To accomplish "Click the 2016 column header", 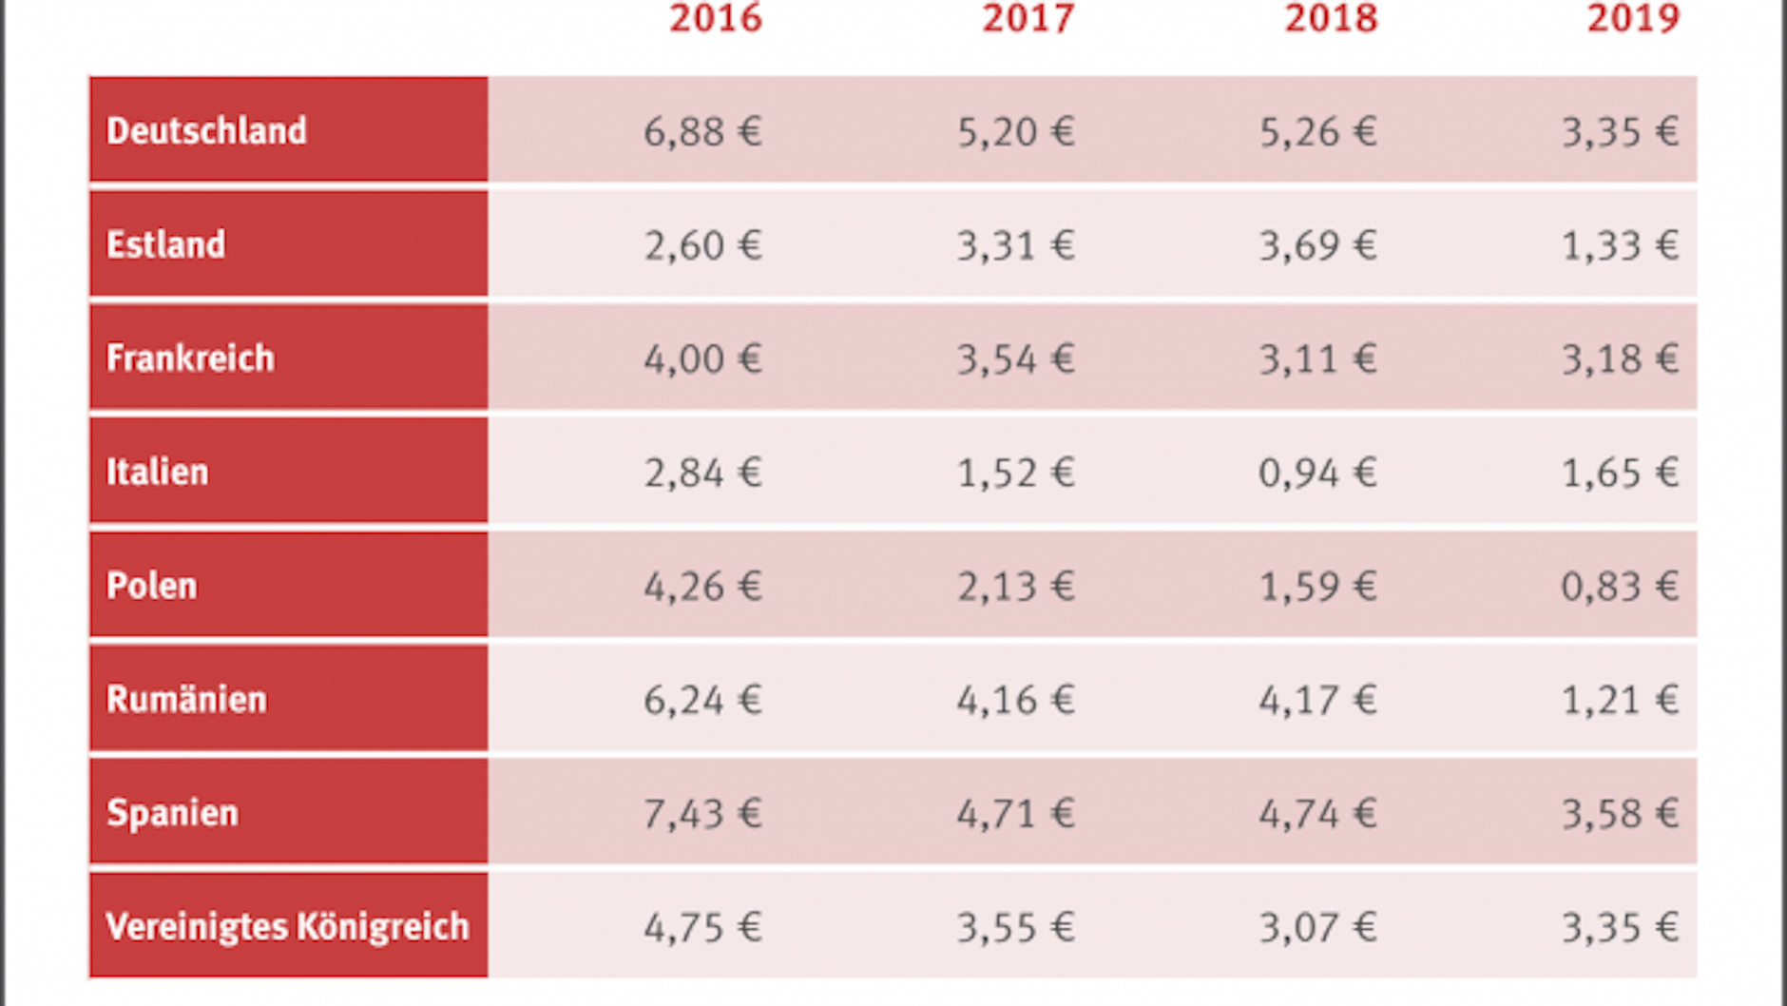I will (x=715, y=19).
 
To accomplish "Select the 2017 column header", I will (x=1028, y=19).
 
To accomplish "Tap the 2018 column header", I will (x=1331, y=19).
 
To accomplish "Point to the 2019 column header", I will (x=1633, y=19).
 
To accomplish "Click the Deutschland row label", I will (x=206, y=131).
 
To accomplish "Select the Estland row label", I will (x=165, y=245).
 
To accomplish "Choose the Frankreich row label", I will (x=190, y=358).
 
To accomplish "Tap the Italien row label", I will (x=157, y=473).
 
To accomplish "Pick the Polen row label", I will (x=151, y=586).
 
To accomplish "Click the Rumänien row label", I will (x=186, y=700).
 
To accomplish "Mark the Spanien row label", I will (x=172, y=813).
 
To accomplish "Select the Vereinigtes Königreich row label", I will (x=287, y=927).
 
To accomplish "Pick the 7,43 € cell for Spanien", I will (x=702, y=814).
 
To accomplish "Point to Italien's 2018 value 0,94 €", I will (x=1317, y=473).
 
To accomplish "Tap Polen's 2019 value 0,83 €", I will (x=1620, y=587).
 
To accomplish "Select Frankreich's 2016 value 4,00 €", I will (x=702, y=359).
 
